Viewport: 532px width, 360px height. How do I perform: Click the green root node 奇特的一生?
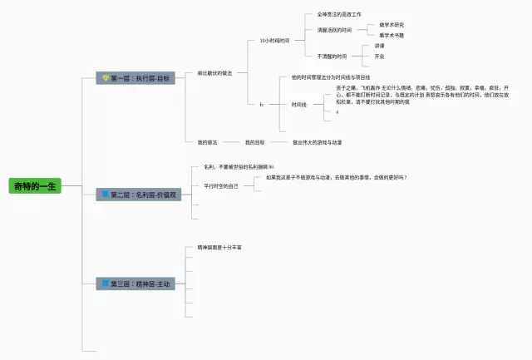click(35, 185)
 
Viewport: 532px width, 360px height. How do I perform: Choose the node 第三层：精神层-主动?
click(135, 284)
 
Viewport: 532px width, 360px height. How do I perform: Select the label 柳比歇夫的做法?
click(215, 73)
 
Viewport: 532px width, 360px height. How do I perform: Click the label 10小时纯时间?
click(274, 40)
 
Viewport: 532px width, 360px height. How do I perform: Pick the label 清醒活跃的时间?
click(334, 30)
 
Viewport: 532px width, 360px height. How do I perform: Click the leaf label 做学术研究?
click(392, 25)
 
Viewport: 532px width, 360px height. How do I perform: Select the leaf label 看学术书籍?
click(392, 36)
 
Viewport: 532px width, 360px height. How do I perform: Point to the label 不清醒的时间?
click(332, 56)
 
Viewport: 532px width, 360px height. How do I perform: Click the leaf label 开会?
click(379, 57)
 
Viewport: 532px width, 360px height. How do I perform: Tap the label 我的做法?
click(208, 142)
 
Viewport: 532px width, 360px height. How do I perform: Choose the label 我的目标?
click(255, 142)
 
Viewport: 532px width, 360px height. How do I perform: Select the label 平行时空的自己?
click(221, 186)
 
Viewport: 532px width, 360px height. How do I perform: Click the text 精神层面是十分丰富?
click(220, 248)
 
